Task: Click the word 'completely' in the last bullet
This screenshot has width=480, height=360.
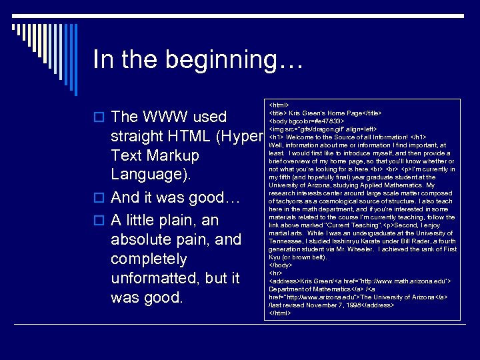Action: point(149,259)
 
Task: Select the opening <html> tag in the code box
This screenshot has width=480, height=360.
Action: point(279,105)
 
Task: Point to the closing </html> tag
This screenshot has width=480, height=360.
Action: point(280,312)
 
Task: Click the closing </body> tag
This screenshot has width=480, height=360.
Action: point(280,265)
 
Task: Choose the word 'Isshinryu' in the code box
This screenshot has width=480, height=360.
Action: point(339,241)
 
